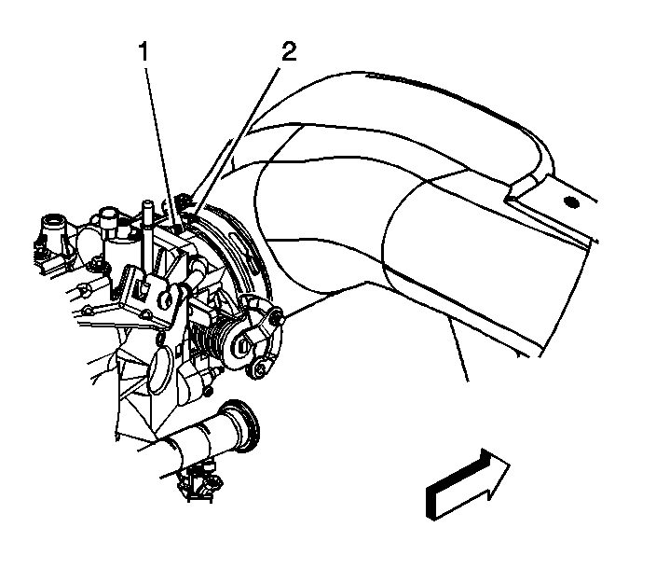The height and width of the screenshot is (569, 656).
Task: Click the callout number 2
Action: (x=289, y=51)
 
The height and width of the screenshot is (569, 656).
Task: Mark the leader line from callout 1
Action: (x=158, y=140)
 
